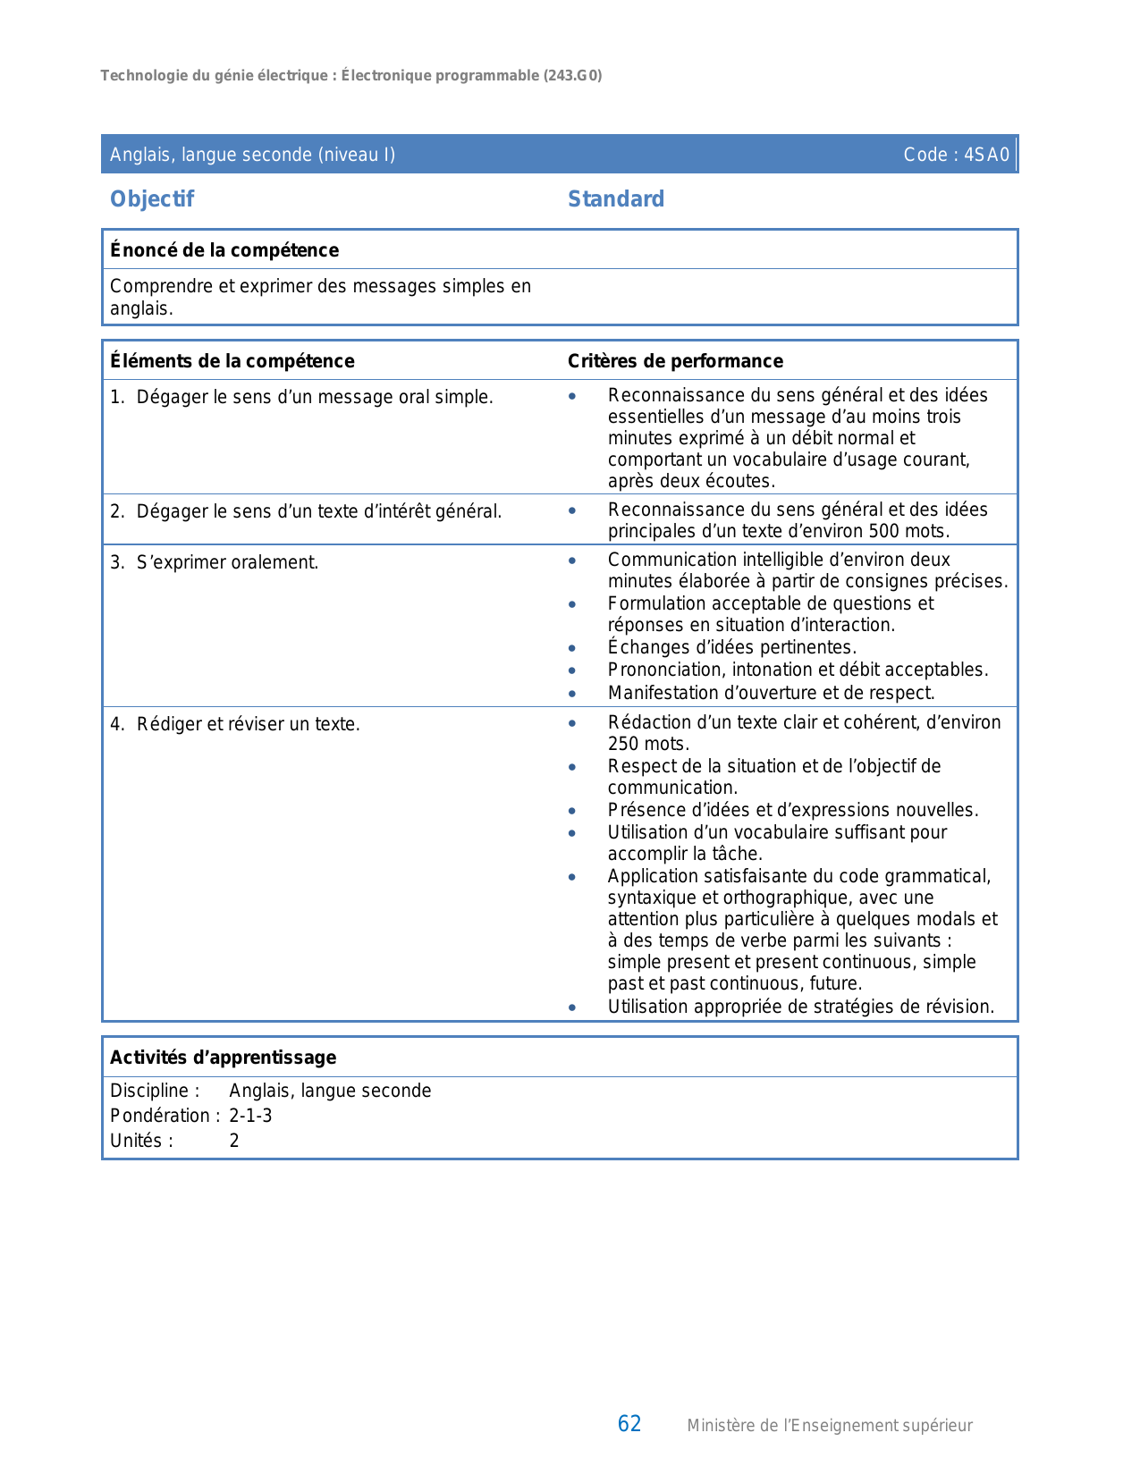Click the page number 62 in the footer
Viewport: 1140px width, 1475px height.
click(x=629, y=1424)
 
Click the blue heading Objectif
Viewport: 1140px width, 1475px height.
click(x=152, y=199)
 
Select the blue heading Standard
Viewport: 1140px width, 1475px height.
click(x=616, y=199)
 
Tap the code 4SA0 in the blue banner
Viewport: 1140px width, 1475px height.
click(x=986, y=155)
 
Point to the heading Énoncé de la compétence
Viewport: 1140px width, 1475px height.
click(x=224, y=250)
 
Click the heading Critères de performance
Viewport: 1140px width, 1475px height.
click(x=675, y=361)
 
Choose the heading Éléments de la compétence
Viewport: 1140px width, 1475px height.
click(x=232, y=361)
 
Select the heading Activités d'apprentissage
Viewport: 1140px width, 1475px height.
click(x=224, y=1058)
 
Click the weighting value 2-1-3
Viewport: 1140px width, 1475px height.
click(x=250, y=1116)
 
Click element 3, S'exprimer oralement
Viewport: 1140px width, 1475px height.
click(x=227, y=563)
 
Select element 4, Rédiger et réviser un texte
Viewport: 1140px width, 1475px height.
click(x=248, y=724)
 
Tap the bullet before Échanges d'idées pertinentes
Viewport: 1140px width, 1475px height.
click(x=572, y=648)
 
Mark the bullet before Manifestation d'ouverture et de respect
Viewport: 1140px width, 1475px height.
click(x=572, y=694)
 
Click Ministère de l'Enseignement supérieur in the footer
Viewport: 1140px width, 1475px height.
click(x=830, y=1426)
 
